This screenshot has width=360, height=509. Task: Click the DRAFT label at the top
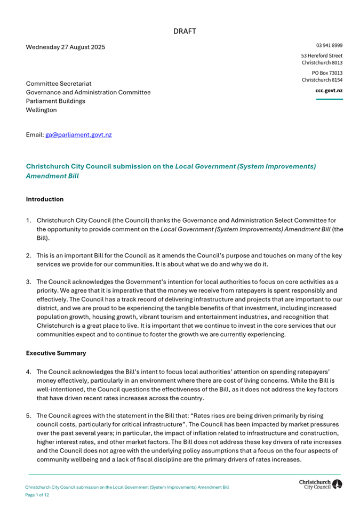click(185, 31)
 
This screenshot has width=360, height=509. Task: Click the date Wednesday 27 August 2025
click(66, 47)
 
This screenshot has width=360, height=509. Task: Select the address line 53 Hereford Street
click(322, 55)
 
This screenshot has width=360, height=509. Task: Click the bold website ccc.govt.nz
click(329, 91)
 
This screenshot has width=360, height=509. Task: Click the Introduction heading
click(45, 199)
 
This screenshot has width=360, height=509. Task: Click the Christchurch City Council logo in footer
click(321, 484)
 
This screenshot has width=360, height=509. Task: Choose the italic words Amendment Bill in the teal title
click(52, 175)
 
